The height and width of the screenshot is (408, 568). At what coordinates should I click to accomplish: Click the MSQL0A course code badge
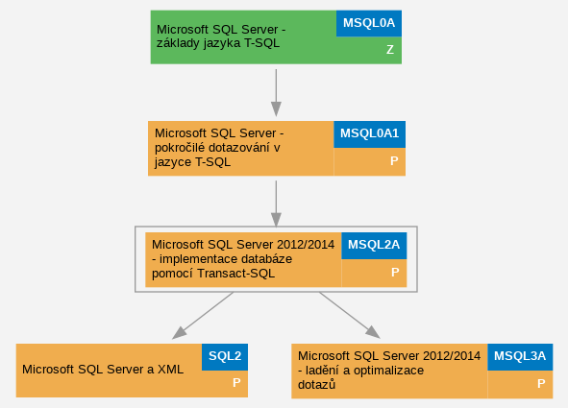pos(369,23)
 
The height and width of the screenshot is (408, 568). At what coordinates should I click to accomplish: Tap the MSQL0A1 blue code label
pos(369,134)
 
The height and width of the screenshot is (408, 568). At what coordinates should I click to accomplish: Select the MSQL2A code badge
pos(374,246)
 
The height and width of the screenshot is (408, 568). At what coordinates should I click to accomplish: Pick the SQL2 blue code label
pos(225,357)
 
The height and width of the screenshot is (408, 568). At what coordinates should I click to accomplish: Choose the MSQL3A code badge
pos(520,357)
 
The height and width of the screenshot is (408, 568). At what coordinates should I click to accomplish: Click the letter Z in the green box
pos(390,50)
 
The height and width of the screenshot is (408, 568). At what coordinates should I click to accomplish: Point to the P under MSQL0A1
pos(394,160)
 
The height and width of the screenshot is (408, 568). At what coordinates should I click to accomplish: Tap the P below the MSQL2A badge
pos(395,272)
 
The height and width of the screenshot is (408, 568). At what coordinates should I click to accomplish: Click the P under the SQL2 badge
pos(236,383)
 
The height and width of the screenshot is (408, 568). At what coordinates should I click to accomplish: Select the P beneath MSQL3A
pos(541,383)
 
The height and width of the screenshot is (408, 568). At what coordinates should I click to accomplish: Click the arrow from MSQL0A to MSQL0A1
pos(276,93)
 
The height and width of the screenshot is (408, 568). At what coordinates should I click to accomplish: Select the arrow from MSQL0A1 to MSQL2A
pos(276,204)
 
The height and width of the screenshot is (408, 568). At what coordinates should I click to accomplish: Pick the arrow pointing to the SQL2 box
pos(203,316)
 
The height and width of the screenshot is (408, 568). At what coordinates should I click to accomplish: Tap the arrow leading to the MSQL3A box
pos(350,315)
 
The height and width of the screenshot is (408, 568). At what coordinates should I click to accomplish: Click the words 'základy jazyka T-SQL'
pos(218,43)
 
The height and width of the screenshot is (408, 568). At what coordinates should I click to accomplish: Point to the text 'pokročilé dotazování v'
pos(217,148)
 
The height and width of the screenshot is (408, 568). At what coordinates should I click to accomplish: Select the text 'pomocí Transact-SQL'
pos(213,274)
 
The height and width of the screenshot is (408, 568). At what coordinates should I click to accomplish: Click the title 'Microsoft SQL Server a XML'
pos(103,370)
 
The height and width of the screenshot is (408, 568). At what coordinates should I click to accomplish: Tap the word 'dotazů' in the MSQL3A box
pos(316,385)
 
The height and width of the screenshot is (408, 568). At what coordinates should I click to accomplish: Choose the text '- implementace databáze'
pos(222,259)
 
